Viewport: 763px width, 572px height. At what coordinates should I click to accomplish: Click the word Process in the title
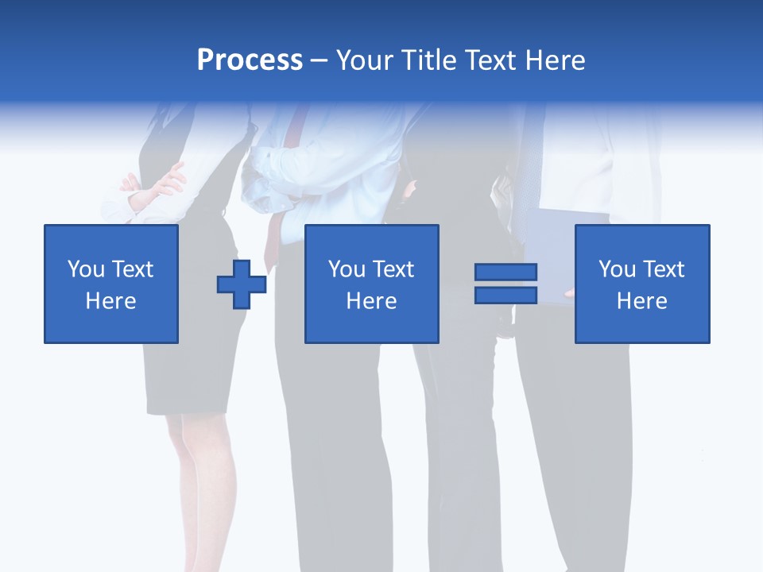(x=250, y=60)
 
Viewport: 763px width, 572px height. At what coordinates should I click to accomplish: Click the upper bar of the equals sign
(x=505, y=272)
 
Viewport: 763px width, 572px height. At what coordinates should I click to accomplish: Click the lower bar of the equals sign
(x=505, y=295)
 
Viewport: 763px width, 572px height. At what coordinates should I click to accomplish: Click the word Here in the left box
(x=110, y=301)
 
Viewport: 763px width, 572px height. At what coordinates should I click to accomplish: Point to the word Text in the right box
(x=664, y=269)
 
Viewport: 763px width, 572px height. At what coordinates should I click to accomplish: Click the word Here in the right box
(x=641, y=301)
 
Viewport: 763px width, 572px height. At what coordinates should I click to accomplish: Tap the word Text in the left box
(x=132, y=269)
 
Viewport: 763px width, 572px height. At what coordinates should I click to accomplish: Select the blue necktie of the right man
(x=529, y=175)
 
